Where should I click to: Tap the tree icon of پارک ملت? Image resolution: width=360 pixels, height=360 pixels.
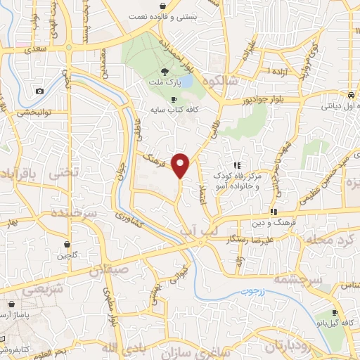[165, 72]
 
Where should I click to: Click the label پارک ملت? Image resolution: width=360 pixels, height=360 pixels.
[165, 83]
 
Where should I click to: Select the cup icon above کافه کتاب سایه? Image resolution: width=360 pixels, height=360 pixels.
[174, 99]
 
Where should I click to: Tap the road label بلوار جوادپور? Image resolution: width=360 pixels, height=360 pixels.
[278, 98]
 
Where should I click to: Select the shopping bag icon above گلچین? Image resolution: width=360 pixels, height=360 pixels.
[67, 245]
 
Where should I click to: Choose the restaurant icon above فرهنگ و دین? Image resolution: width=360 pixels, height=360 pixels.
[273, 212]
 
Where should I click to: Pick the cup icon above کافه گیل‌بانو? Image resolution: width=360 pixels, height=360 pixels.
[335, 313]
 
